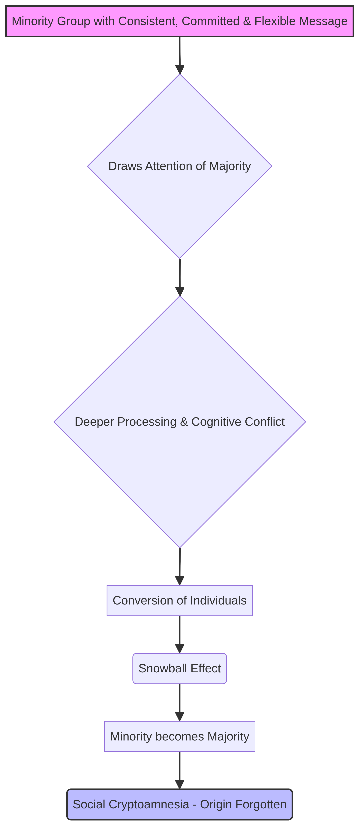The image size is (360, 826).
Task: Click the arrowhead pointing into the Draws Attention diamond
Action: click(x=180, y=69)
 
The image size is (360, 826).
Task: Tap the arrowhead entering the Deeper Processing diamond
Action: click(x=180, y=291)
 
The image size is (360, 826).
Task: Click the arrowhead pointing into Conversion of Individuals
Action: click(x=180, y=580)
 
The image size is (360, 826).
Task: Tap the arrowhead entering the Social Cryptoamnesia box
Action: click(x=180, y=784)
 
